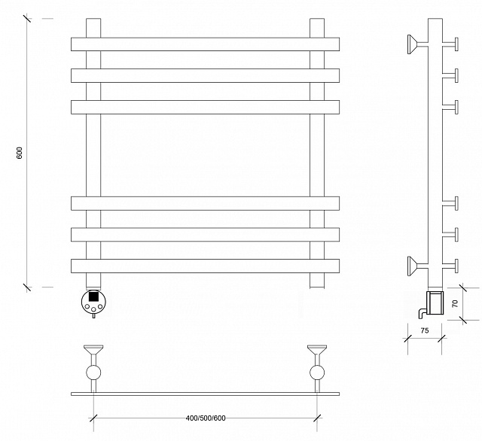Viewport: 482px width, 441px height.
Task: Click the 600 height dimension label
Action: (x=20, y=153)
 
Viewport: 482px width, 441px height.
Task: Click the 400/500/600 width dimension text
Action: (x=206, y=418)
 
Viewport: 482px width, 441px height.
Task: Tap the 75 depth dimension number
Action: (x=425, y=330)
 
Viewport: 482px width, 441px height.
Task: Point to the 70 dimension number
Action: (x=455, y=303)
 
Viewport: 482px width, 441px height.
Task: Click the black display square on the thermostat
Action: (x=93, y=297)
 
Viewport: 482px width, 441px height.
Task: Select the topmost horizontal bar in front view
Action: (x=205, y=44)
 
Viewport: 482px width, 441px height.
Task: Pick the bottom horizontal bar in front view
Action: (x=205, y=266)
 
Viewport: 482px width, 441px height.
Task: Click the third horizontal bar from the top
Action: (x=205, y=107)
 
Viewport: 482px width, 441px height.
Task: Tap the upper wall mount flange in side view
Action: (x=412, y=44)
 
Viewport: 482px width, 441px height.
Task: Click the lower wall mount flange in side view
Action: (x=412, y=266)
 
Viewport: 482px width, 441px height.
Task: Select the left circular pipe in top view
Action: (x=93, y=373)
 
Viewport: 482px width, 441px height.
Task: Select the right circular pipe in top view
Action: (x=317, y=373)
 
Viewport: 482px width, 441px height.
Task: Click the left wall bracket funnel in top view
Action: (x=93, y=349)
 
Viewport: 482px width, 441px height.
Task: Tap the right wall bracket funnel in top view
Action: (x=317, y=349)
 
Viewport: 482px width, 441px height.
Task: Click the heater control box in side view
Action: (x=435, y=303)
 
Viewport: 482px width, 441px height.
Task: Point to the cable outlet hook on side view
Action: (x=422, y=313)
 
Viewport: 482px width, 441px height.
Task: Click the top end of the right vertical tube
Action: (x=317, y=19)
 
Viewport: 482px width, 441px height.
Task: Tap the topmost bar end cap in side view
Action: (x=457, y=44)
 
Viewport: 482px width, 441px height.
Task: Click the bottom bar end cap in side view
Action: (x=457, y=266)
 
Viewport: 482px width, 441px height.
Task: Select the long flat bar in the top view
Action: (x=205, y=394)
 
